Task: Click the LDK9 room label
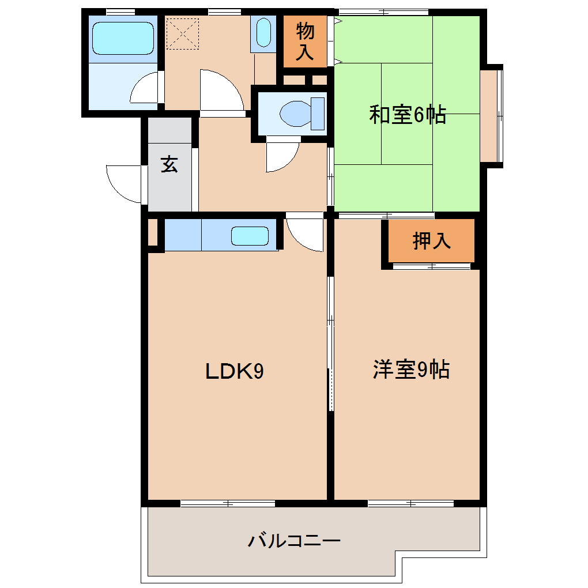coord(235,372)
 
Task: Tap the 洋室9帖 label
coord(411,370)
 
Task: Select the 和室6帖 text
coord(407,115)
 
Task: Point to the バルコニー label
coord(295,541)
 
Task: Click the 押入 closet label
coord(432,241)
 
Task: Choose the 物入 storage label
coord(305,42)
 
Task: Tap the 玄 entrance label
coord(169,165)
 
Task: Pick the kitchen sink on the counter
coord(250,236)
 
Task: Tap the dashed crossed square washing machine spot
coord(182,33)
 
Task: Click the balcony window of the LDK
coord(228,504)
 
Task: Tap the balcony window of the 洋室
coord(410,504)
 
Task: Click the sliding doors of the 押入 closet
coord(431,266)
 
